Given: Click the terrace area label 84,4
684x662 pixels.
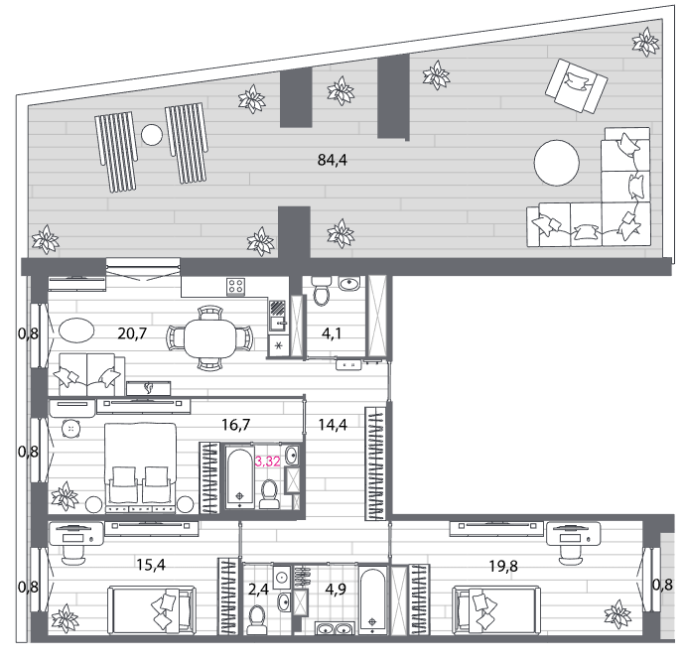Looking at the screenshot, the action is (332, 160).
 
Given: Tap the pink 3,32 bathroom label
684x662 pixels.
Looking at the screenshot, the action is (267, 461).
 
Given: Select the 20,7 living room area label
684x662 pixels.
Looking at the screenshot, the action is (132, 333).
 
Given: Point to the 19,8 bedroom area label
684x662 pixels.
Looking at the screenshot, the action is (503, 566).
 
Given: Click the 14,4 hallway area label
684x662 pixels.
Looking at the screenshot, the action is (333, 425).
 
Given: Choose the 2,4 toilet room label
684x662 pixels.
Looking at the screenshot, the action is (258, 590).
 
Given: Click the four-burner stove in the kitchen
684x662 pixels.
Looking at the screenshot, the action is (235, 287).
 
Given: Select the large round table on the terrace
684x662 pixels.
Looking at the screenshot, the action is (557, 163).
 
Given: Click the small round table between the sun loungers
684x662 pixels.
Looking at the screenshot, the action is (152, 135).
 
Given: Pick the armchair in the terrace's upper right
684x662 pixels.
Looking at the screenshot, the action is (576, 86).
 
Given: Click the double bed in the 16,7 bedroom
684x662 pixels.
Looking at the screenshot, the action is (140, 467).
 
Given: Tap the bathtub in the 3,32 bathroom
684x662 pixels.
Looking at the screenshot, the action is (239, 476).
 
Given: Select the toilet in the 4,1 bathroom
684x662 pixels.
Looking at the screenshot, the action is (322, 292).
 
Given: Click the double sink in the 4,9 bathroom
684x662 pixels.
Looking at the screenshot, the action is (335, 628).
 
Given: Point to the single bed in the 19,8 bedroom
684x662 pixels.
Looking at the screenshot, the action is (496, 610).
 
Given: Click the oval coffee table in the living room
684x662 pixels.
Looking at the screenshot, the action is (75, 331).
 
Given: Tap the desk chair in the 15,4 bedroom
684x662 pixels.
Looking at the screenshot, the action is (72, 555).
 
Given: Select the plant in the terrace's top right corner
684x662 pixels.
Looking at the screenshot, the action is (645, 42).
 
